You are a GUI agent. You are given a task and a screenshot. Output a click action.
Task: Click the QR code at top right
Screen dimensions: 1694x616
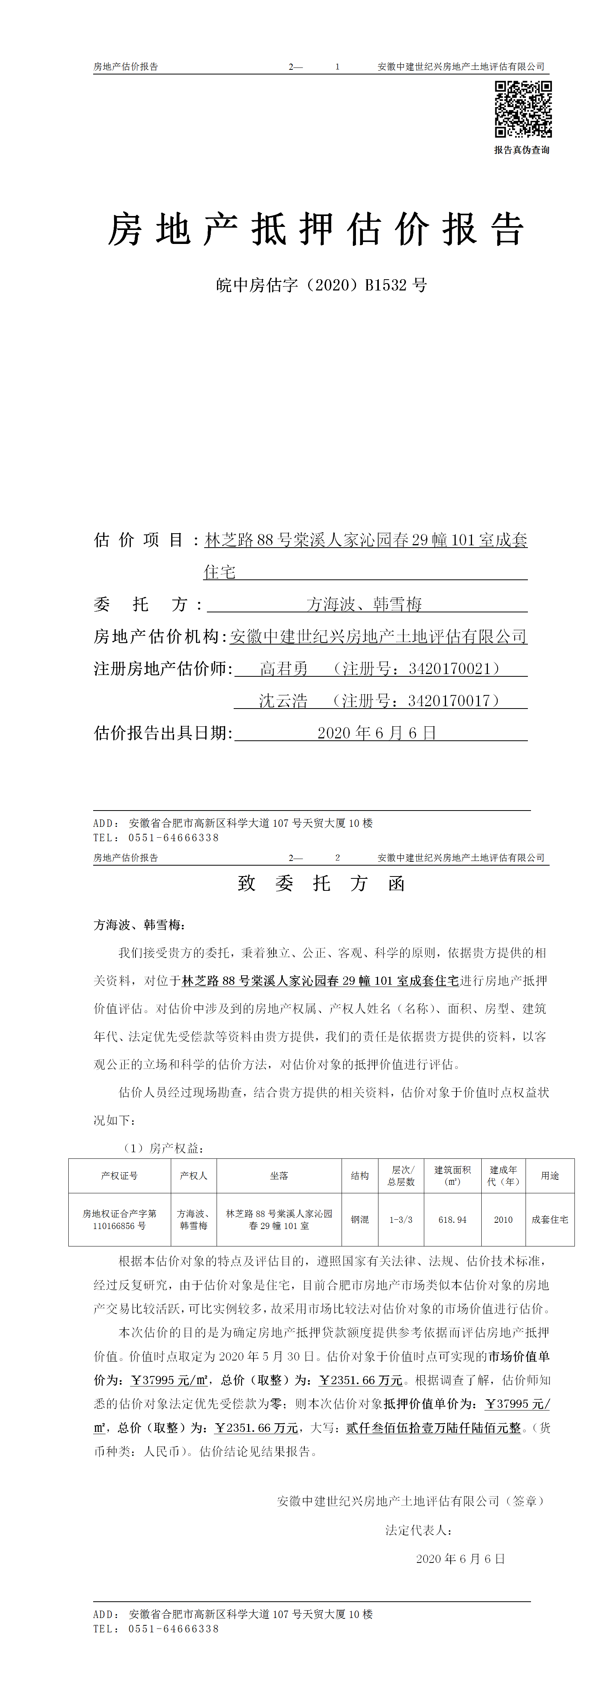[523, 109]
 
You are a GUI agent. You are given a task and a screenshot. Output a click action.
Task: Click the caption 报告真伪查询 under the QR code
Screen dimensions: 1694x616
[522, 150]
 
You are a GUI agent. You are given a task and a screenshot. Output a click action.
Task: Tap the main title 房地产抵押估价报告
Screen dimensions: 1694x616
[316, 230]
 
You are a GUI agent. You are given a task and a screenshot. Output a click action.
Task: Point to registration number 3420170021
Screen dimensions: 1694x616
[449, 669]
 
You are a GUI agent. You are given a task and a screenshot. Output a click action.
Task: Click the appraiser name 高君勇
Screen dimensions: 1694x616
[284, 669]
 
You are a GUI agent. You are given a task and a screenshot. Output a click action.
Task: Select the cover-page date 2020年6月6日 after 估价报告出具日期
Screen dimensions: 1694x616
[377, 733]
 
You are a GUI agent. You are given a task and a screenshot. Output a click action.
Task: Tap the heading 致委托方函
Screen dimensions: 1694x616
[321, 883]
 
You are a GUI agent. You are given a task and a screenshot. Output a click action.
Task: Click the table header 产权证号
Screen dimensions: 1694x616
[119, 1176]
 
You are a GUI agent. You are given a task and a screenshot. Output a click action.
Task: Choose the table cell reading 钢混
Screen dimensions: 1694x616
[359, 1220]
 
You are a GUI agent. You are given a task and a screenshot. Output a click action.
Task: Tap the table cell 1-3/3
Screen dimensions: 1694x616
[401, 1220]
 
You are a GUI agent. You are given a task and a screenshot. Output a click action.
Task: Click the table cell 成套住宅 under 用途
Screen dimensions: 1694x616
[550, 1220]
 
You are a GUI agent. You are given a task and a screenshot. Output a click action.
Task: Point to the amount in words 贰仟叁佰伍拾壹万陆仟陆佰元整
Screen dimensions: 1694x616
[433, 1428]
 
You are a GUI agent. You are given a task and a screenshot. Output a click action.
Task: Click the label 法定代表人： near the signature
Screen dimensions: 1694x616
[418, 1530]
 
